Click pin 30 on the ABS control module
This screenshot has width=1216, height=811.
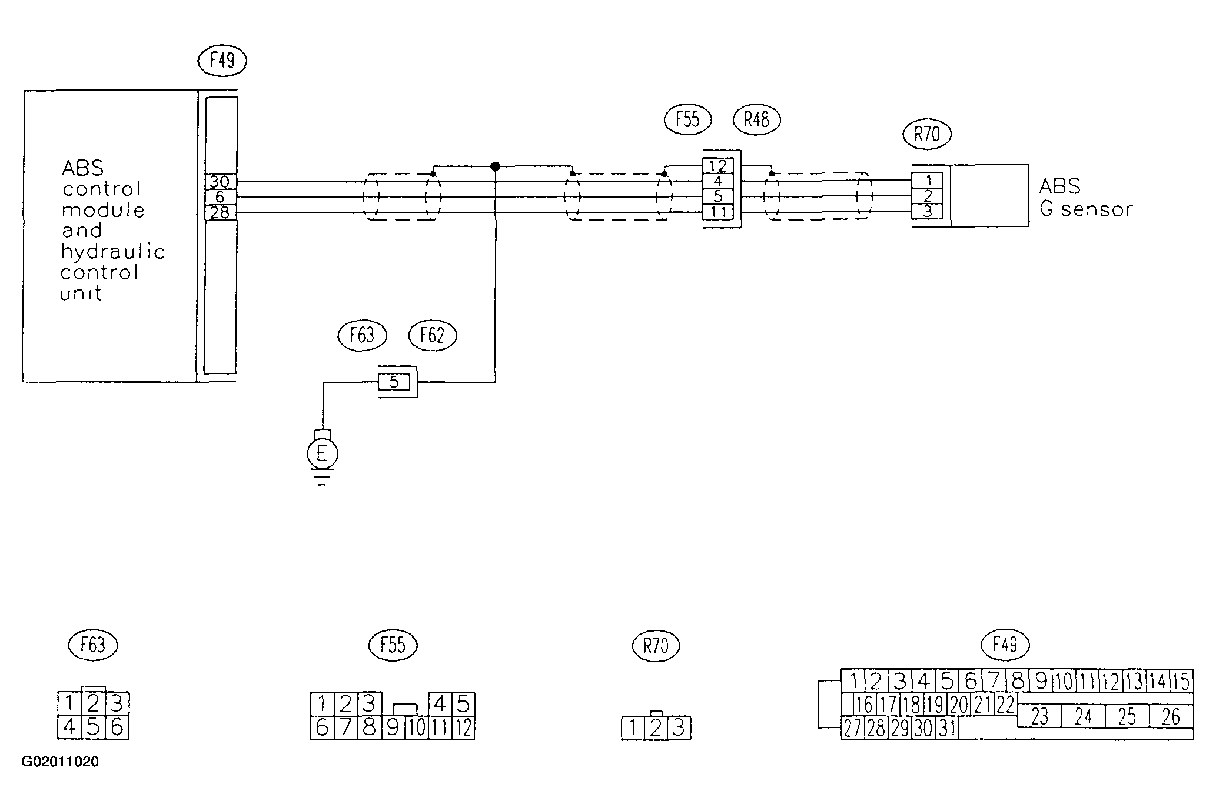point(220,182)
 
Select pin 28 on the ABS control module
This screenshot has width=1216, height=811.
point(220,212)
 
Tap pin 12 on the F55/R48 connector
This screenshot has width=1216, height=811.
point(717,166)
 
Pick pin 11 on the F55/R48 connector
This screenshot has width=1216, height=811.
point(717,212)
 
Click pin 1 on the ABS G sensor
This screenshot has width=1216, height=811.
point(928,181)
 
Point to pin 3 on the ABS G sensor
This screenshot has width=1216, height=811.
point(928,211)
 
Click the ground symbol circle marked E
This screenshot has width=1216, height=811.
point(322,453)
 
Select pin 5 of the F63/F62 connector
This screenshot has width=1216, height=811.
point(394,382)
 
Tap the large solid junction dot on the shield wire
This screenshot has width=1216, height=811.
point(495,166)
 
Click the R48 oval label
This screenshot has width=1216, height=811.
point(756,121)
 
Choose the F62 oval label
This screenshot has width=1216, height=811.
point(433,336)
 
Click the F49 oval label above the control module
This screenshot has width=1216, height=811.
point(222,61)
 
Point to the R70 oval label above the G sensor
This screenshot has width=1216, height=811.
point(927,135)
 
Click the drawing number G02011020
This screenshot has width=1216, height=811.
point(60,762)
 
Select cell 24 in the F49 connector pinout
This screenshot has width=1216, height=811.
point(1084,716)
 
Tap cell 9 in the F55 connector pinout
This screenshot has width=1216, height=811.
point(393,728)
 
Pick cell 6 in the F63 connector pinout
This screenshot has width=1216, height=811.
point(117,727)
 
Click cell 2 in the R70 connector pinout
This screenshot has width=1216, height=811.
point(656,729)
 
